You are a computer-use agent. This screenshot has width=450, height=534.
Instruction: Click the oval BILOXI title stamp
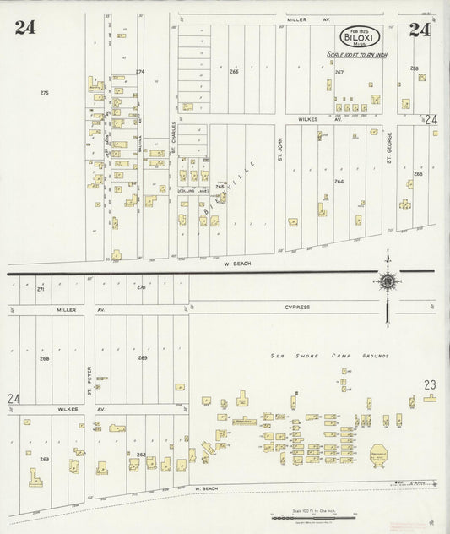click(361, 38)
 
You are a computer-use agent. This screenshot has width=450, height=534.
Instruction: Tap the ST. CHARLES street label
click(172, 139)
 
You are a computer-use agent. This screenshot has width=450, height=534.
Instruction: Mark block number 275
click(44, 92)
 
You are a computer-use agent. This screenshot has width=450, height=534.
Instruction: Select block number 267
click(339, 72)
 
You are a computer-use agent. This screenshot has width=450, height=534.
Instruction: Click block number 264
click(339, 181)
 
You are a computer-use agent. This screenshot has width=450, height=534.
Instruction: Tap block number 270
click(141, 288)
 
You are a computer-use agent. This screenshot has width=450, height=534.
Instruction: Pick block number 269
click(143, 357)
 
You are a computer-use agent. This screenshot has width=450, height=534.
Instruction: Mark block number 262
click(141, 455)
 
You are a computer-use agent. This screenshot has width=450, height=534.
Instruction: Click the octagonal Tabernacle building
click(377, 455)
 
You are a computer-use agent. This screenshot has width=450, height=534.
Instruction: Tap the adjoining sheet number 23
click(430, 384)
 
